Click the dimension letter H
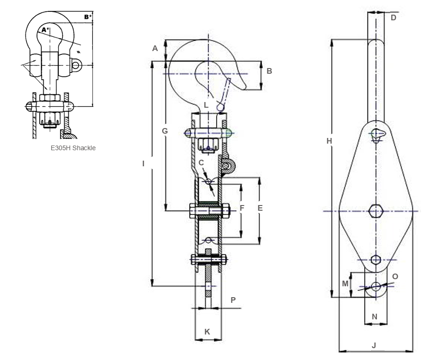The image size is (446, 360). (x=329, y=141)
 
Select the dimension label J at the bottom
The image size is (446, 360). (x=374, y=345)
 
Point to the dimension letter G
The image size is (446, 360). (x=165, y=131)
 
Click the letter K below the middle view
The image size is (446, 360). (x=207, y=332)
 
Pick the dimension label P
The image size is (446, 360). (x=233, y=300)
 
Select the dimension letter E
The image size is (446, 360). (x=260, y=207)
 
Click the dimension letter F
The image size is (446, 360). (x=242, y=207)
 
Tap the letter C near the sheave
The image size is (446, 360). (x=201, y=163)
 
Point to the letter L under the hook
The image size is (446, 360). (x=206, y=104)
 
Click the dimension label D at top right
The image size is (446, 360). (x=393, y=18)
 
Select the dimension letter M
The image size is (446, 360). (x=345, y=283)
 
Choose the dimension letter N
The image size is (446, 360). (x=375, y=317)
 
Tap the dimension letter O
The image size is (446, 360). (x=395, y=276)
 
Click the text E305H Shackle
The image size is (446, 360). (x=73, y=148)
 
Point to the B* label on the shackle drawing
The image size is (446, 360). (x=87, y=17)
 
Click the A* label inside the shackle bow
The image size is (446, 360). (x=45, y=30)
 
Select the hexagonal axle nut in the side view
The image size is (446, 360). (x=376, y=210)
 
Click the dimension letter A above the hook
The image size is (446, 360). (x=155, y=48)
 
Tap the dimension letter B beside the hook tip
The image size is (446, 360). (x=269, y=71)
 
